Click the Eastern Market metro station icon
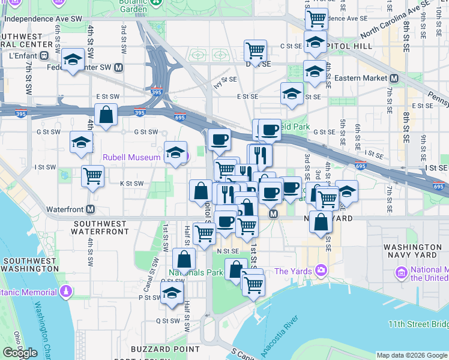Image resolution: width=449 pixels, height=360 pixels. pos(394,79)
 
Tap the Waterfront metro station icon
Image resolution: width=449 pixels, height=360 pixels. pos(90,209)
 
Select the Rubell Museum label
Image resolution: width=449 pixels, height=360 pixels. pos(131,157)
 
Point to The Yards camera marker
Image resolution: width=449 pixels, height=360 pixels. pos(322,271)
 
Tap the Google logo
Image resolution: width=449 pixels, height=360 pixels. pos(20,353)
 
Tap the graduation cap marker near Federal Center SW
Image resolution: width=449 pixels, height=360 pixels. pos(73,59)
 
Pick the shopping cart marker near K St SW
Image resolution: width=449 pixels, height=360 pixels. pos(92,176)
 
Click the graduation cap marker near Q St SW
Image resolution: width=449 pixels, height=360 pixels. pos(172,293)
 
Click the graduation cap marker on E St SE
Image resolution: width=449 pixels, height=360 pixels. pos(292,94)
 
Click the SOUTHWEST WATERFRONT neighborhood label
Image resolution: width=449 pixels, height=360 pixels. pos(100,227)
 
